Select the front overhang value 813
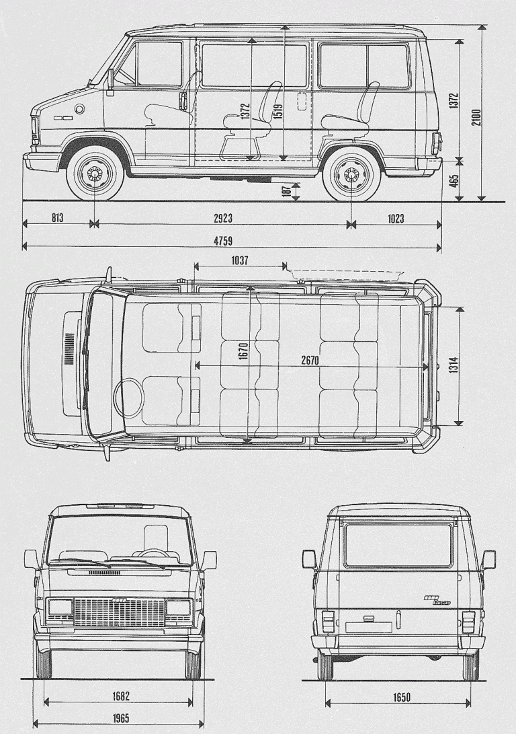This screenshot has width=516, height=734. [57, 219]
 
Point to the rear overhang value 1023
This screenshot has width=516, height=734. [396, 219]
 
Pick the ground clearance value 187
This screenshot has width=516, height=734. [287, 190]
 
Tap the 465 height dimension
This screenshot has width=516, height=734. [454, 181]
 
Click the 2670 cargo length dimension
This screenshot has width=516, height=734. [309, 360]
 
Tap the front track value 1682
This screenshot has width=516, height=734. [121, 696]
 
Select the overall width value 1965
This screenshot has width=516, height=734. [121, 719]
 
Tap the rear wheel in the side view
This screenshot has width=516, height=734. [349, 176]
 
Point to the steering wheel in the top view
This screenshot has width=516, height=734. [128, 398]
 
